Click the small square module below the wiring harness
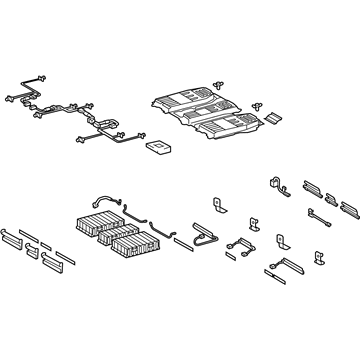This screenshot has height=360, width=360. point(156,147)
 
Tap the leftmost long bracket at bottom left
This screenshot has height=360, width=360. point(19,236)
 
